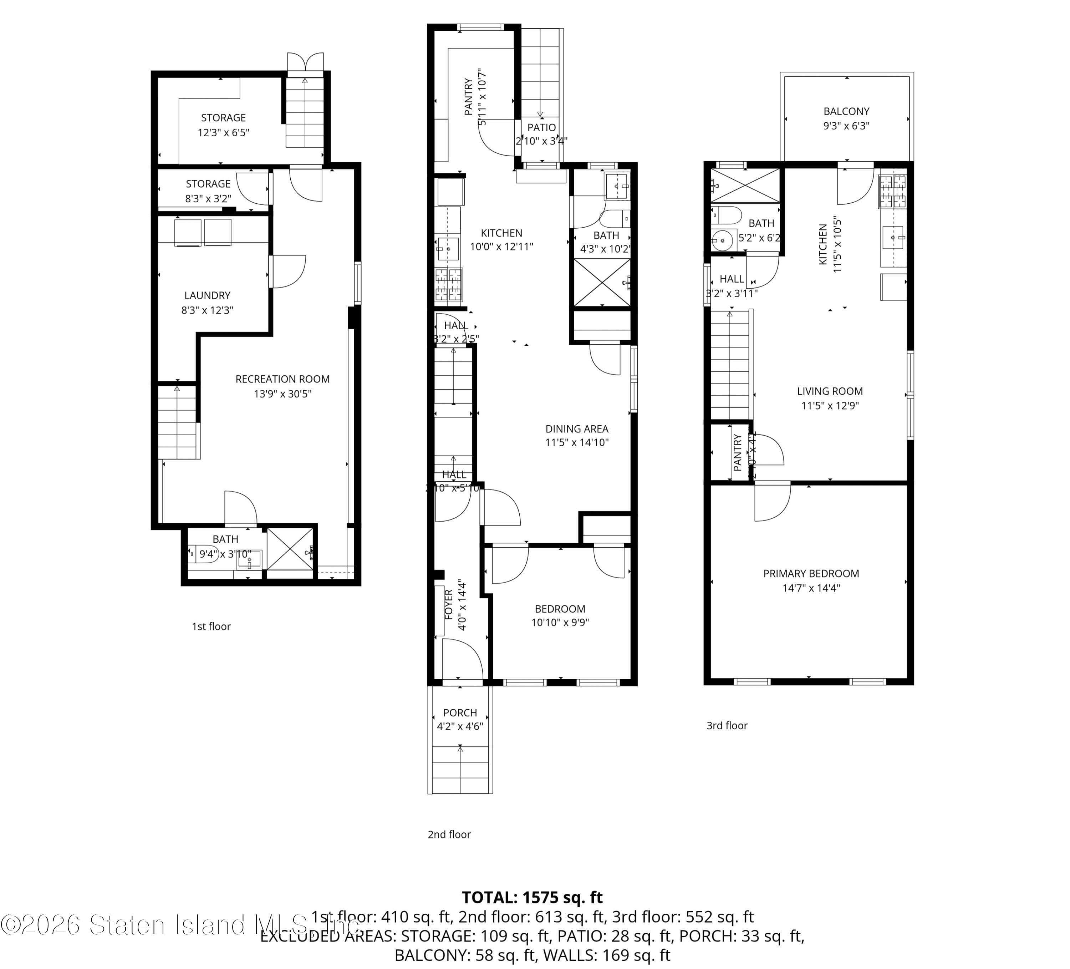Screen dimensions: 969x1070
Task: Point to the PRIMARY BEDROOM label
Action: pos(811,573)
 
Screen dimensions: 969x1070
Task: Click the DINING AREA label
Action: pos(577,429)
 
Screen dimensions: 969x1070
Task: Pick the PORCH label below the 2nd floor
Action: pos(460,712)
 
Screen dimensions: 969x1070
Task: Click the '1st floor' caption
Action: pos(211,626)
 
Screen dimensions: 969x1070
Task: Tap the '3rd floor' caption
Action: pos(727,725)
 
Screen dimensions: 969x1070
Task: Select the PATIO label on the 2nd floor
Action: pos(541,127)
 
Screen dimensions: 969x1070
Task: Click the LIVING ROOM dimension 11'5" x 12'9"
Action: pos(830,406)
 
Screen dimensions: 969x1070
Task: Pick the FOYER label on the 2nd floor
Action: pos(448,604)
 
